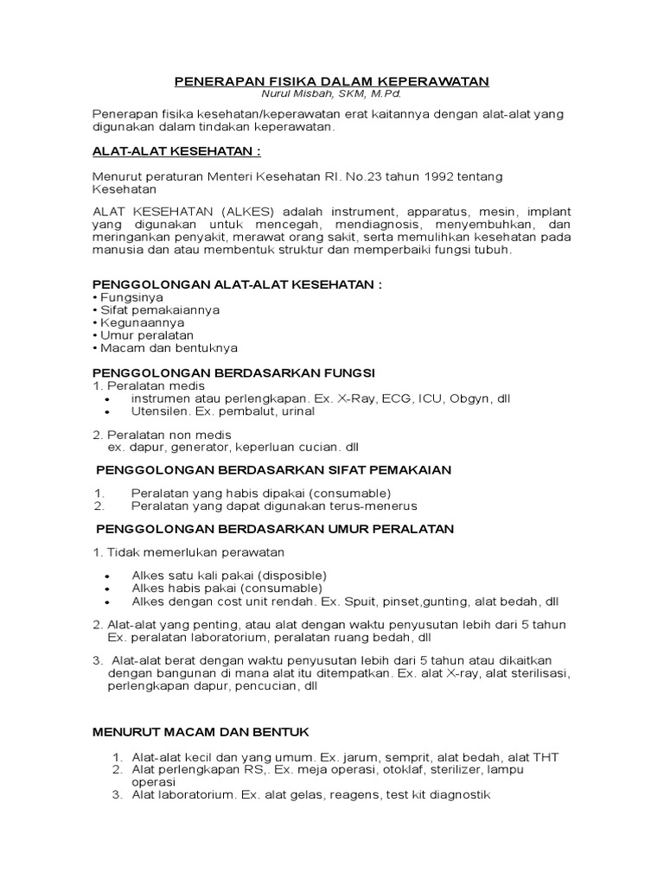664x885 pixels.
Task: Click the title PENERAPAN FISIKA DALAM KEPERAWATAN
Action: (332, 81)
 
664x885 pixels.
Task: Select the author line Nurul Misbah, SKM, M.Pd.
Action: (332, 93)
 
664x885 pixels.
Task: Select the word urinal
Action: (295, 411)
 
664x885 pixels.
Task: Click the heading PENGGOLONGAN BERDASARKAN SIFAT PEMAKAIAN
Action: (272, 469)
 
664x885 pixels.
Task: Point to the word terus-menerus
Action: (377, 506)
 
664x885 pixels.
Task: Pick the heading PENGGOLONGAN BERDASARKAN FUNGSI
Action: (233, 372)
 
